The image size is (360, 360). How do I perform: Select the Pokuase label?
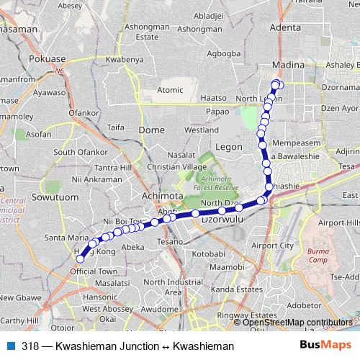(48, 58)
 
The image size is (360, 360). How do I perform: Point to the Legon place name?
(230, 147)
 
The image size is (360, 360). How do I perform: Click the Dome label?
(151, 130)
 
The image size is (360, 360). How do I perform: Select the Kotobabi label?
(209, 253)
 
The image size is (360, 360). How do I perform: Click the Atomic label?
(171, 91)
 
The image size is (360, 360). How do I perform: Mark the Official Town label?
(94, 271)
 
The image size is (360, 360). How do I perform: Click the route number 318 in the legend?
(30, 346)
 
